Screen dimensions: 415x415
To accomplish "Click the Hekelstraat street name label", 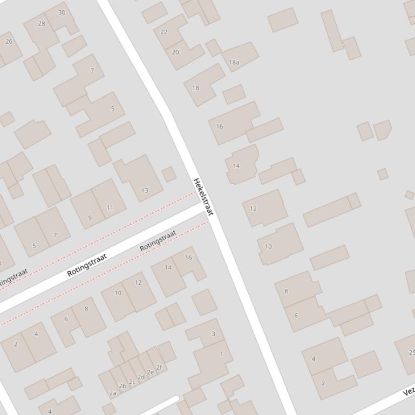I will (203, 197).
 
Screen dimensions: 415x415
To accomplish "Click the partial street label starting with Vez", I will (409, 392).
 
